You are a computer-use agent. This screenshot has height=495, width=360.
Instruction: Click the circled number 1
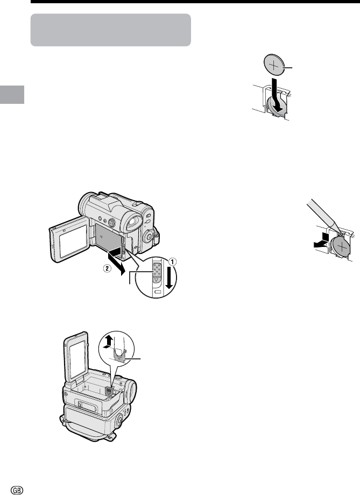(x=172, y=261)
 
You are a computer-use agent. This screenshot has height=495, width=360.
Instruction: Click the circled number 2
(x=108, y=269)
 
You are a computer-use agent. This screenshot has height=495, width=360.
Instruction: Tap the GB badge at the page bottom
(x=17, y=490)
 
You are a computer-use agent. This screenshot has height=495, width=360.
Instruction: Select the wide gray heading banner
(x=110, y=30)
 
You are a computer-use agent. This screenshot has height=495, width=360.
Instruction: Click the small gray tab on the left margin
(x=12, y=94)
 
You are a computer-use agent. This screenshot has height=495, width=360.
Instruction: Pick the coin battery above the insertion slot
(x=274, y=66)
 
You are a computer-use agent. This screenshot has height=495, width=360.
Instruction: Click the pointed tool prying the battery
(x=323, y=216)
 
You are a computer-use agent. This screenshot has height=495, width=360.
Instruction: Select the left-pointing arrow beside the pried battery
(x=321, y=241)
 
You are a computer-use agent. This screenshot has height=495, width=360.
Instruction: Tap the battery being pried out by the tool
(x=341, y=247)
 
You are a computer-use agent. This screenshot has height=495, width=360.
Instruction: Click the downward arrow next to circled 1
(x=170, y=277)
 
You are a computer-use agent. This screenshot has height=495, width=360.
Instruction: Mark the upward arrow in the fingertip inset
(x=108, y=342)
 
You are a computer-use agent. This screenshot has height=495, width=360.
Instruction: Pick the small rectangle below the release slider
(x=158, y=292)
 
